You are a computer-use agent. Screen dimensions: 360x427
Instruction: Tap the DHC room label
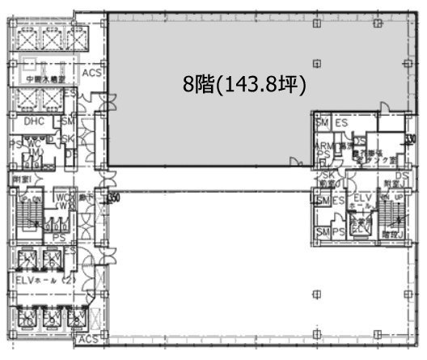point(34,121)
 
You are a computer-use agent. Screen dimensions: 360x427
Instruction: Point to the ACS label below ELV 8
point(89,338)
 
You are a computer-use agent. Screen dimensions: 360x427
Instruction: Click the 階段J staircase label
point(393,235)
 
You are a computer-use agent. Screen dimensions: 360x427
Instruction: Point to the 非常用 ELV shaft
point(358,224)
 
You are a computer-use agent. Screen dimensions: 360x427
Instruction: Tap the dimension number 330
point(412,138)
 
